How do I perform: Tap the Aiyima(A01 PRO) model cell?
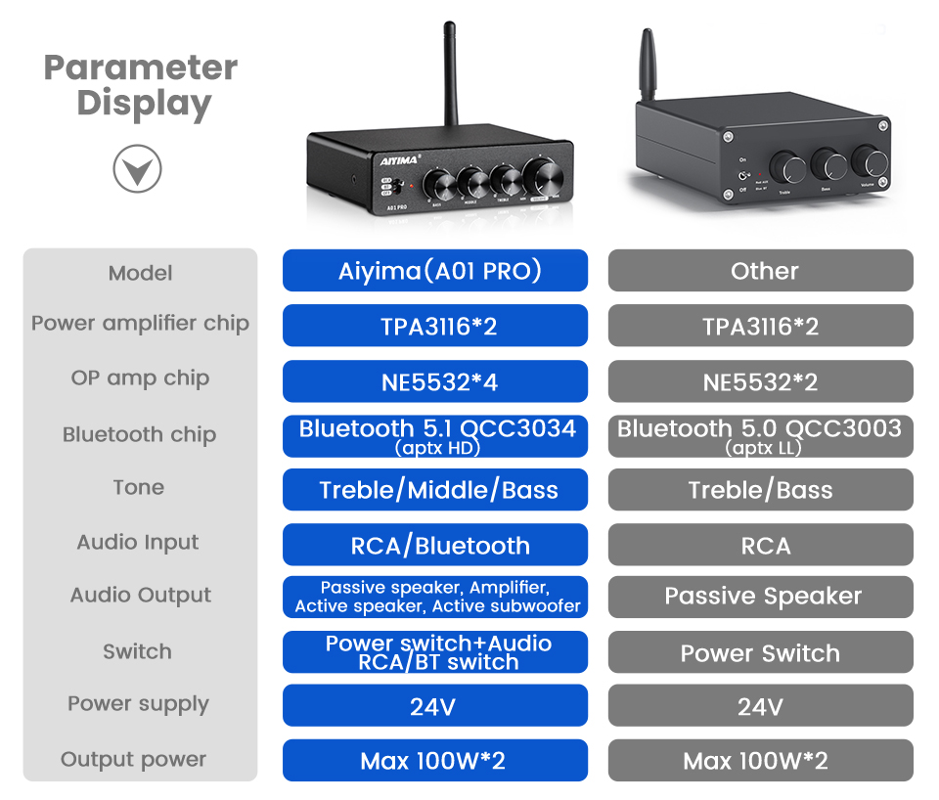click(435, 271)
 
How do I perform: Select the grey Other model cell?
click(760, 271)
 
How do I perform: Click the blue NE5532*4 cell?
click(435, 381)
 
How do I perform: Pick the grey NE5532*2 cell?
click(760, 381)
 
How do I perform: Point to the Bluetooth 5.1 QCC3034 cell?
click(435, 436)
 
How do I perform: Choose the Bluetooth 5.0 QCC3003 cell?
click(760, 436)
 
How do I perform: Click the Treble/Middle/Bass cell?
click(435, 490)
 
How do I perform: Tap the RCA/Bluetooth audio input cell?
click(435, 545)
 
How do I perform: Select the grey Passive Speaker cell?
click(760, 597)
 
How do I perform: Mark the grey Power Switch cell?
click(760, 652)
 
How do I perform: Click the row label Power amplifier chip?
click(140, 324)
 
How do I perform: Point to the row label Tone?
click(139, 487)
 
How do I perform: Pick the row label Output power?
click(134, 759)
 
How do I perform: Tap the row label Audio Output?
click(141, 595)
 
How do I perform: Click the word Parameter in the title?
click(141, 67)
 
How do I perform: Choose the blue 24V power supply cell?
click(435, 706)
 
